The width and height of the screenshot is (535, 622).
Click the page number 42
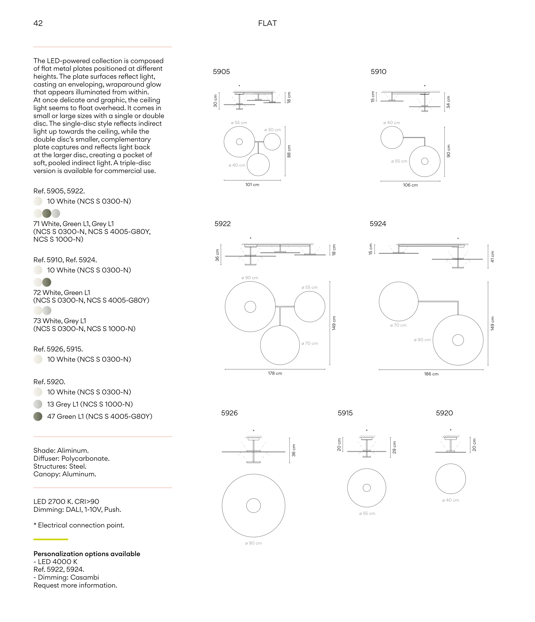pyautogui.click(x=38, y=23)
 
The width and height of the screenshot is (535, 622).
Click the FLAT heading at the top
pyautogui.click(x=267, y=23)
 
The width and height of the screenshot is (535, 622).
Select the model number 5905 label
pyautogui.click(x=221, y=72)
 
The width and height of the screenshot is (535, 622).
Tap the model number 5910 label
pyautogui.click(x=378, y=72)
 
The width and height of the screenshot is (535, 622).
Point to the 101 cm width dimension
pyautogui.click(x=252, y=185)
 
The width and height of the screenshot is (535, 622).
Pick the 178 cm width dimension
pyautogui.click(x=275, y=373)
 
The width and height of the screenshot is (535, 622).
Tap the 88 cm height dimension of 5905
pyautogui.click(x=289, y=151)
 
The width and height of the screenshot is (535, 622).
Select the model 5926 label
pyautogui.click(x=229, y=413)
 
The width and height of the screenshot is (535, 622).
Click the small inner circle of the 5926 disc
pyautogui.click(x=253, y=505)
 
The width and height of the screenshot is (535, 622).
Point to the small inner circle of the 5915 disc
pyautogui.click(x=367, y=488)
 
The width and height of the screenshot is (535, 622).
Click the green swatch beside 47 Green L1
pyautogui.click(x=38, y=416)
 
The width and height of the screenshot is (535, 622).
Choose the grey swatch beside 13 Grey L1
pyautogui.click(x=38, y=404)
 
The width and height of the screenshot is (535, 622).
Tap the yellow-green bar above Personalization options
pyautogui.click(x=51, y=539)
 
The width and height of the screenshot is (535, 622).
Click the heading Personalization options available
pyautogui.click(x=87, y=554)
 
